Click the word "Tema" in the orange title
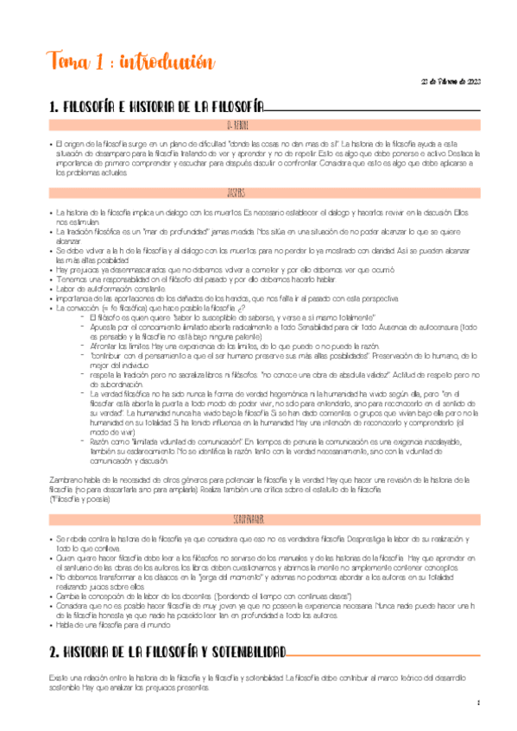click(x=68, y=62)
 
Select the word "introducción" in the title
click(x=163, y=62)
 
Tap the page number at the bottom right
click(x=477, y=703)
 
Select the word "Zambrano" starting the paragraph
click(x=67, y=479)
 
